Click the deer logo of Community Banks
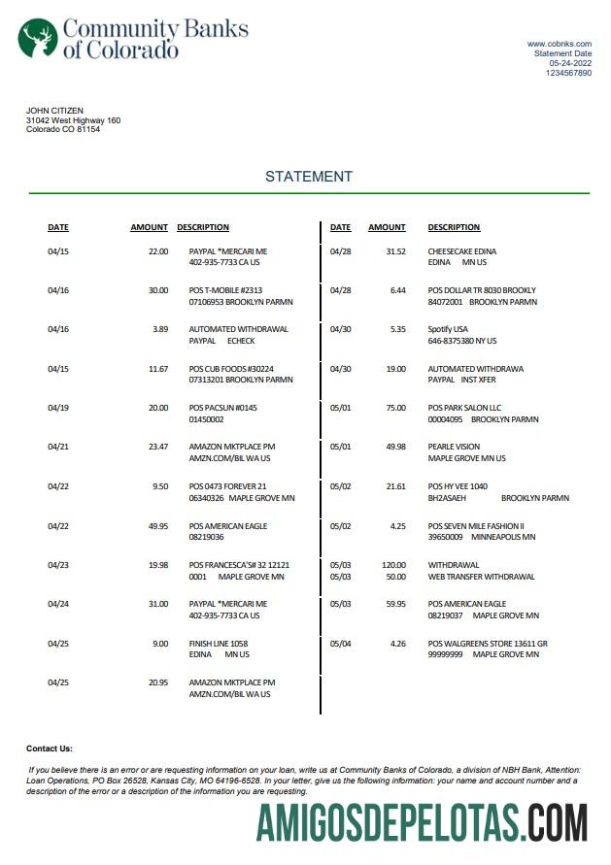pos(38,38)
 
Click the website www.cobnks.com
pos(560,44)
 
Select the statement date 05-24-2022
pos(570,63)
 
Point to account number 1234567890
pos(568,73)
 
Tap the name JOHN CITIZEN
pos(54,111)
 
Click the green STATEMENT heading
pos(309,177)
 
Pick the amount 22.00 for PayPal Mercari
pos(157,251)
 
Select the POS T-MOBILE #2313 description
pos(225,290)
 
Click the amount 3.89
pos(160,329)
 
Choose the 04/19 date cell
pos(58,408)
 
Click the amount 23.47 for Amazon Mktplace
pos(157,447)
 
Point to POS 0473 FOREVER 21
pos(227,485)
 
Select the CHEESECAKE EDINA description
pos(462,251)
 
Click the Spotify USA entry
pos(448,329)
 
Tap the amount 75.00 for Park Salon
pos(395,408)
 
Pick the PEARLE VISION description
pos(455,447)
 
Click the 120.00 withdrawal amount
pos(393,564)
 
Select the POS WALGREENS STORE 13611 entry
pos(488,643)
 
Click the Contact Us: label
pos(50,749)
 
